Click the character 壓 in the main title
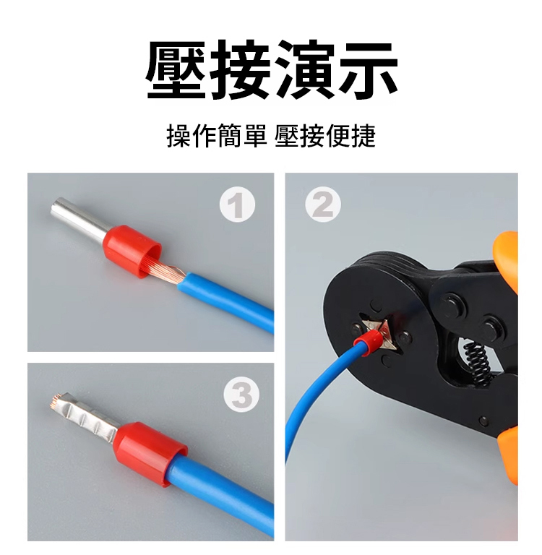tap(176, 69)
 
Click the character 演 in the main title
tap(304, 69)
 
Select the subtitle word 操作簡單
tap(217, 136)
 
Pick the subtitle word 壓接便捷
tap(324, 136)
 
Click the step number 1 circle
tap(237, 205)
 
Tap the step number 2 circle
tap(323, 205)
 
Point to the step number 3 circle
tap(241, 395)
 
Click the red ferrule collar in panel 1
tap(133, 251)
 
